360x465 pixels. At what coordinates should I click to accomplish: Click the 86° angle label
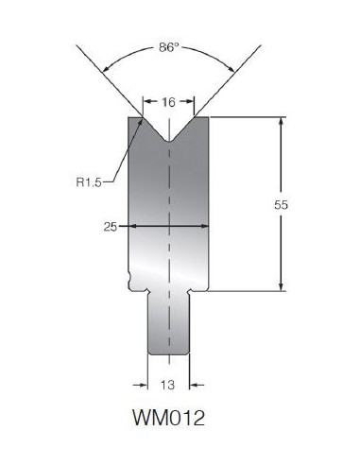pyautogui.click(x=169, y=47)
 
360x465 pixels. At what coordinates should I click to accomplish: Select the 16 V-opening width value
pyautogui.click(x=168, y=102)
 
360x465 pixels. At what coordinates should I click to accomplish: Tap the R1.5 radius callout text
pyautogui.click(x=89, y=182)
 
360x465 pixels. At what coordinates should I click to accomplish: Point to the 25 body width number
pyautogui.click(x=111, y=227)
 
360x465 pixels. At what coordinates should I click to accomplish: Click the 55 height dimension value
pyautogui.click(x=281, y=205)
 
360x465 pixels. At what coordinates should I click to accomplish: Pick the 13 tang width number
pyautogui.click(x=167, y=385)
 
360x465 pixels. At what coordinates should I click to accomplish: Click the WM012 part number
pyautogui.click(x=169, y=418)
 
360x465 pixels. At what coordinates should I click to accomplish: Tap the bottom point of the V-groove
pyautogui.click(x=169, y=142)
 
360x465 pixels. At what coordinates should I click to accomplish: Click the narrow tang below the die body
pyautogui.click(x=169, y=323)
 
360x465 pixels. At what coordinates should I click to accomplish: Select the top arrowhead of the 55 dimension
pyautogui.click(x=281, y=121)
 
